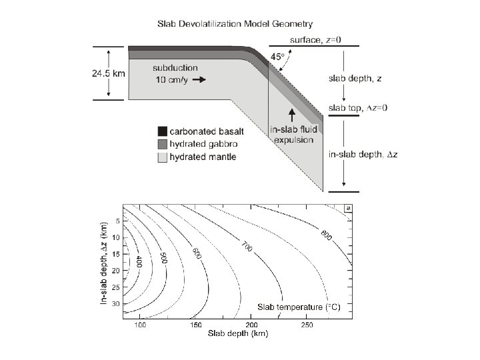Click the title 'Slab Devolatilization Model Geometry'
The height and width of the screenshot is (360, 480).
click(235, 24)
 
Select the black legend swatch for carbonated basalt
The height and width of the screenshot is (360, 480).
click(162, 131)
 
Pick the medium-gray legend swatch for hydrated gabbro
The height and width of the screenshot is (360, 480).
click(162, 144)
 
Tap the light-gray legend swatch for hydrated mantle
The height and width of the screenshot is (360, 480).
click(162, 157)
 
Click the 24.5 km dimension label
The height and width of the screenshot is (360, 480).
click(109, 73)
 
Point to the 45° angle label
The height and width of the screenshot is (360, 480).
click(277, 57)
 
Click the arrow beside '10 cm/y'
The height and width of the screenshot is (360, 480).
click(199, 79)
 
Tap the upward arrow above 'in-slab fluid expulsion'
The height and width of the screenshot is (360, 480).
click(292, 115)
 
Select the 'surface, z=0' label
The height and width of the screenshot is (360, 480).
click(315, 40)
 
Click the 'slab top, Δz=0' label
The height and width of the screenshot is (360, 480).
click(358, 108)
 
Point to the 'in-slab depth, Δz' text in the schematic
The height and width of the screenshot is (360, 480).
click(363, 154)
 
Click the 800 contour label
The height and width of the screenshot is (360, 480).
click(326, 235)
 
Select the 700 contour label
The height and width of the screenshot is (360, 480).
click(247, 247)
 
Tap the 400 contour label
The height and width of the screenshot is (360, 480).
click(139, 262)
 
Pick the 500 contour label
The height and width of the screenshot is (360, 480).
click(164, 258)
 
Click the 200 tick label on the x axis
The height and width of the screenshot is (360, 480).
click(251, 325)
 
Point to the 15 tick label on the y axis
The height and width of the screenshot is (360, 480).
click(116, 254)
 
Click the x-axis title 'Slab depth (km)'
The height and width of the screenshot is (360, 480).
click(238, 333)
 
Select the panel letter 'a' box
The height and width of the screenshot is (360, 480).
click(348, 209)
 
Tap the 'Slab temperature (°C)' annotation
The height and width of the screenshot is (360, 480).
click(299, 307)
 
